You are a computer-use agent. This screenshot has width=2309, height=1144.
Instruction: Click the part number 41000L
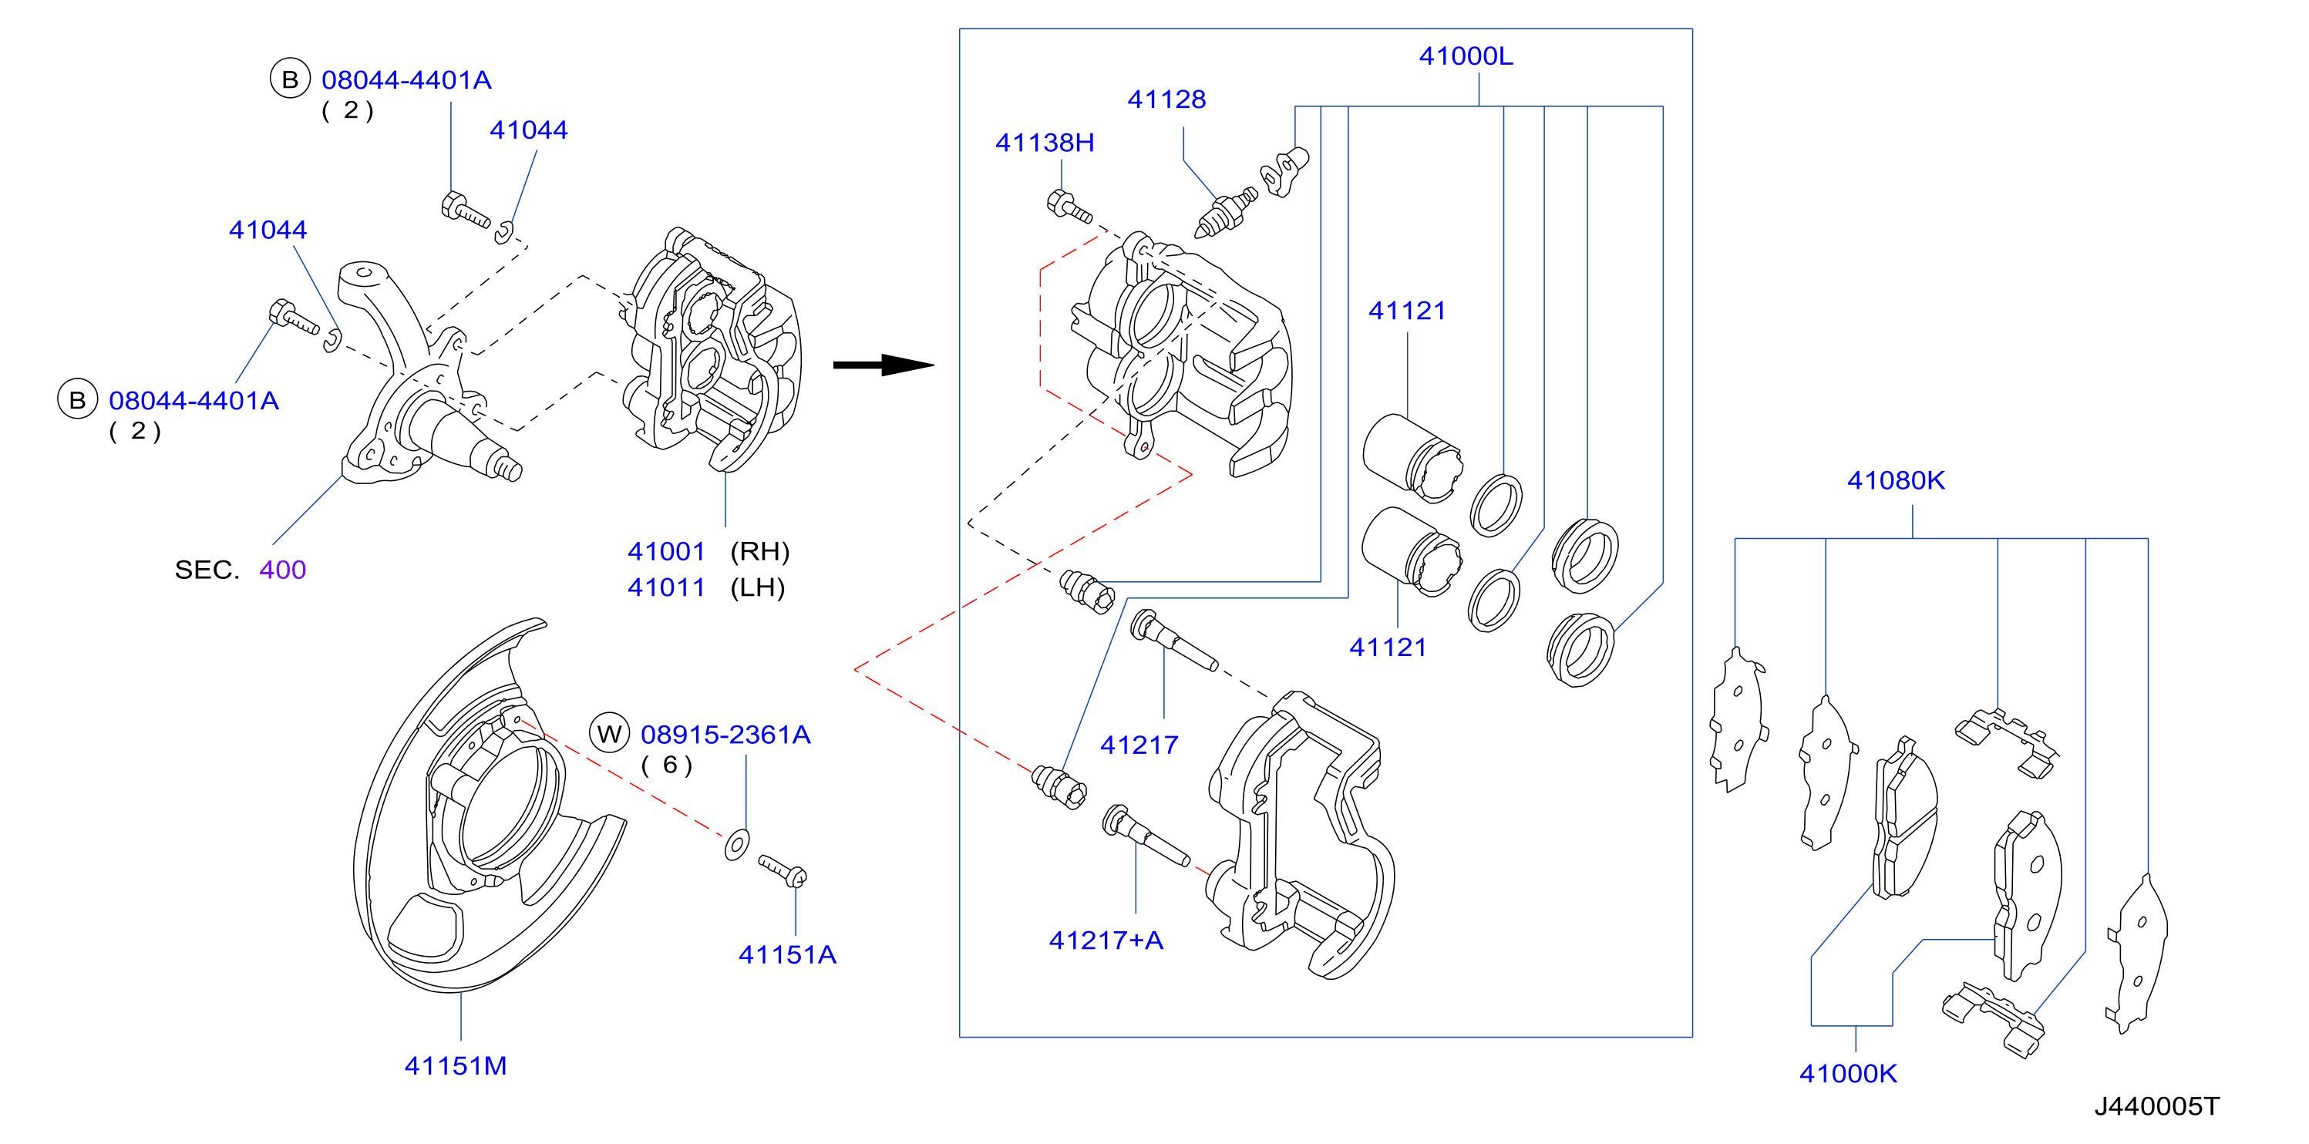[x=1466, y=56]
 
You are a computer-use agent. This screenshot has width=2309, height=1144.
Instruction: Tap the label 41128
[x=1166, y=99]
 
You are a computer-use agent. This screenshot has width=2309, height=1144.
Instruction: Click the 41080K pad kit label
[x=1896, y=480]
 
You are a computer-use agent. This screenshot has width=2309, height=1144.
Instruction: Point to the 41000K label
[x=1848, y=1073]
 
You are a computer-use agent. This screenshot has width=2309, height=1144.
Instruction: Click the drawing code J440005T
[x=2156, y=1106]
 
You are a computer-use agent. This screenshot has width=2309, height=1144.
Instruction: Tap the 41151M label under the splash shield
[x=456, y=1066]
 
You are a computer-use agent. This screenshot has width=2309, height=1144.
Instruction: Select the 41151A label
[x=787, y=955]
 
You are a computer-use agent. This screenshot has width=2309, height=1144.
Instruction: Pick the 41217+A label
[x=1106, y=940]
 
